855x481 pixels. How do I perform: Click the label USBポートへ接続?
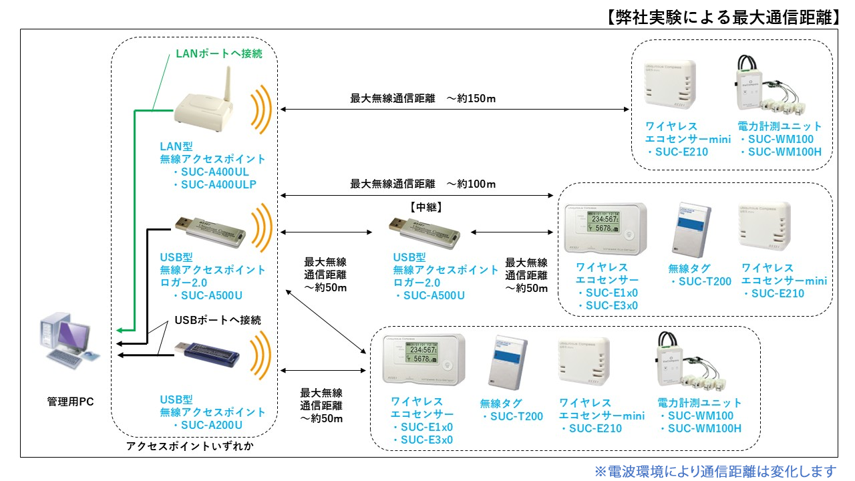coord(218,320)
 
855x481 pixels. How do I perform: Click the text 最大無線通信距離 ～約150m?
coord(423,98)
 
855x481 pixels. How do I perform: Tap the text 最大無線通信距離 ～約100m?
coord(423,183)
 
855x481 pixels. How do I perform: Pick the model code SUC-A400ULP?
coord(220,184)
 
